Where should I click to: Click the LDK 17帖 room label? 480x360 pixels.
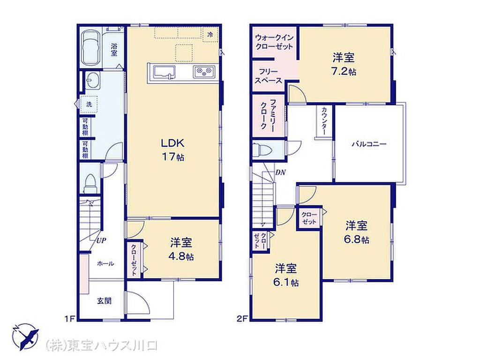(173, 150)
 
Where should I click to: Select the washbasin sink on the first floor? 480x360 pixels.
(92, 81)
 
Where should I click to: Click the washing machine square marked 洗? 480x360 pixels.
(89, 104)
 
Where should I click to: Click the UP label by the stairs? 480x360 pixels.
(101, 240)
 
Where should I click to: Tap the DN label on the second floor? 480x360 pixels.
(280, 172)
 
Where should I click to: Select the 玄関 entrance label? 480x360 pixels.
(104, 301)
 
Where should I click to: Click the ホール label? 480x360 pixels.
(105, 263)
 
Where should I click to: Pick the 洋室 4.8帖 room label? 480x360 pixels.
(181, 249)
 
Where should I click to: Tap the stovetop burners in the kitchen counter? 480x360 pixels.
(204, 72)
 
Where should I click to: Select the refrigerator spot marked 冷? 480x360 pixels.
(210, 35)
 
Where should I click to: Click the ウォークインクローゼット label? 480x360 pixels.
(274, 42)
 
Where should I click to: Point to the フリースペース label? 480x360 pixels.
(269, 76)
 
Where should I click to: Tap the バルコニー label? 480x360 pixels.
(369, 144)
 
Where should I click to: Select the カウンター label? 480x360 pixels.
(324, 121)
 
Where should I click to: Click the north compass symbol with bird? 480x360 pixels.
(26, 337)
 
